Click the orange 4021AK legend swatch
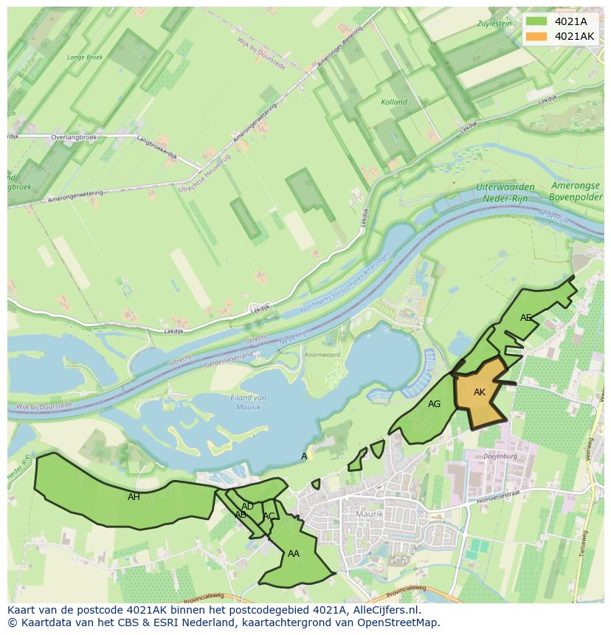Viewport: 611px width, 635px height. click(536, 36)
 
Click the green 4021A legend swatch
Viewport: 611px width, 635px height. click(536, 21)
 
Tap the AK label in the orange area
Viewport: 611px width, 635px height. click(480, 392)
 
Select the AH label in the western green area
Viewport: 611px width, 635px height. click(134, 497)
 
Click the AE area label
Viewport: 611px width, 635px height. click(525, 318)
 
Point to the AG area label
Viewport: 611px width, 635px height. click(434, 404)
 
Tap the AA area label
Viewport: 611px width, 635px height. click(294, 554)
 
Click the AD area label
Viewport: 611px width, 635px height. click(247, 507)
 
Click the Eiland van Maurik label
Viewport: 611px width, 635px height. click(249, 402)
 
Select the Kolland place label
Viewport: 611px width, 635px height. click(393, 103)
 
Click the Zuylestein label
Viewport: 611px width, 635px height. click(494, 24)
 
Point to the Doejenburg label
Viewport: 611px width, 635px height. click(500, 457)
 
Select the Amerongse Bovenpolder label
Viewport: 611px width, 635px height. click(576, 192)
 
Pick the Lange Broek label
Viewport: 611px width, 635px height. click(85, 57)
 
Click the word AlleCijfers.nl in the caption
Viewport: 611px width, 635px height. click(383, 610)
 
